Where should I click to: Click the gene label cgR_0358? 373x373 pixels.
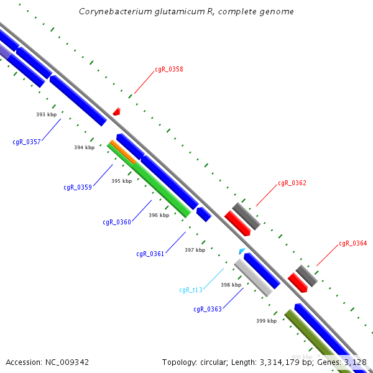point(169,70)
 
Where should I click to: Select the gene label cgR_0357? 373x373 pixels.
point(27,142)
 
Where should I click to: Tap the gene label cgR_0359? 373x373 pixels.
point(78,187)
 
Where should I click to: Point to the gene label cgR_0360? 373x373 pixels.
point(117,222)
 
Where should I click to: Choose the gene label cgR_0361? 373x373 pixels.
point(150,254)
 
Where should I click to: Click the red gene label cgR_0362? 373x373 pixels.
point(292,183)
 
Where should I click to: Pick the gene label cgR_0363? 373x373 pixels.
point(208,309)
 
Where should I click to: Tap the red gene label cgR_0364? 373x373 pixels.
point(353,244)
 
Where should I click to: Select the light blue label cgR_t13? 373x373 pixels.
point(191,290)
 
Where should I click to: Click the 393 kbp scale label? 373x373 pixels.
point(46,114)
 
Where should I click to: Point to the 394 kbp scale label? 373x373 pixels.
point(84,147)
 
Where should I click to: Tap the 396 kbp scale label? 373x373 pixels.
point(159,215)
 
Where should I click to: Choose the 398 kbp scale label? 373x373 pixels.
point(231,285)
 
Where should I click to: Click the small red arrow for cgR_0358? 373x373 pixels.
point(116,111)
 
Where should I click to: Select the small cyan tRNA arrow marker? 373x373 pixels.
point(242,251)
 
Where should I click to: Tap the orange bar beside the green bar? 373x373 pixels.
point(124,152)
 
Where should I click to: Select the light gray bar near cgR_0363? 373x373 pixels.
point(253,278)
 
